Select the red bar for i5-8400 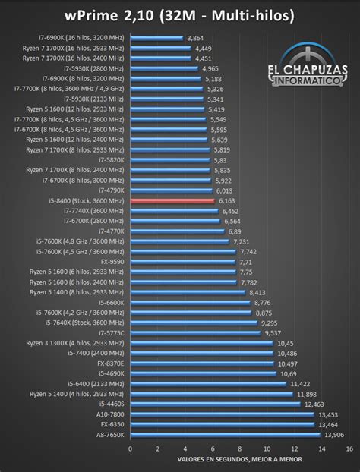coord(172,200)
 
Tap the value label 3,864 coord(195,37)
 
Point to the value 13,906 coord(333,434)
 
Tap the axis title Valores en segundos coord(239,460)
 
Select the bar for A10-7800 coord(221,414)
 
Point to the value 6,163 coord(226,200)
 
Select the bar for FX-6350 coord(221,424)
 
